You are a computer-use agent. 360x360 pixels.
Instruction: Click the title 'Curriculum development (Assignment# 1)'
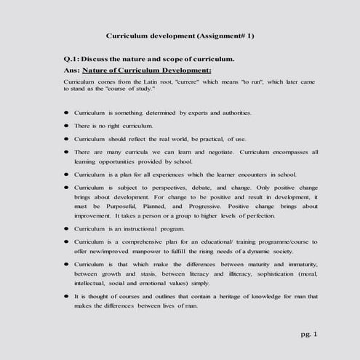[180, 35]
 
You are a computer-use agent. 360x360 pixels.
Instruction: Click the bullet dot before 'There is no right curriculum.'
[66, 126]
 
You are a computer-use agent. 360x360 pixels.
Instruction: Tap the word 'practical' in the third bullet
[207, 138]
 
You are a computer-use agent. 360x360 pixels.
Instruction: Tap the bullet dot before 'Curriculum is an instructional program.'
[66, 228]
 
